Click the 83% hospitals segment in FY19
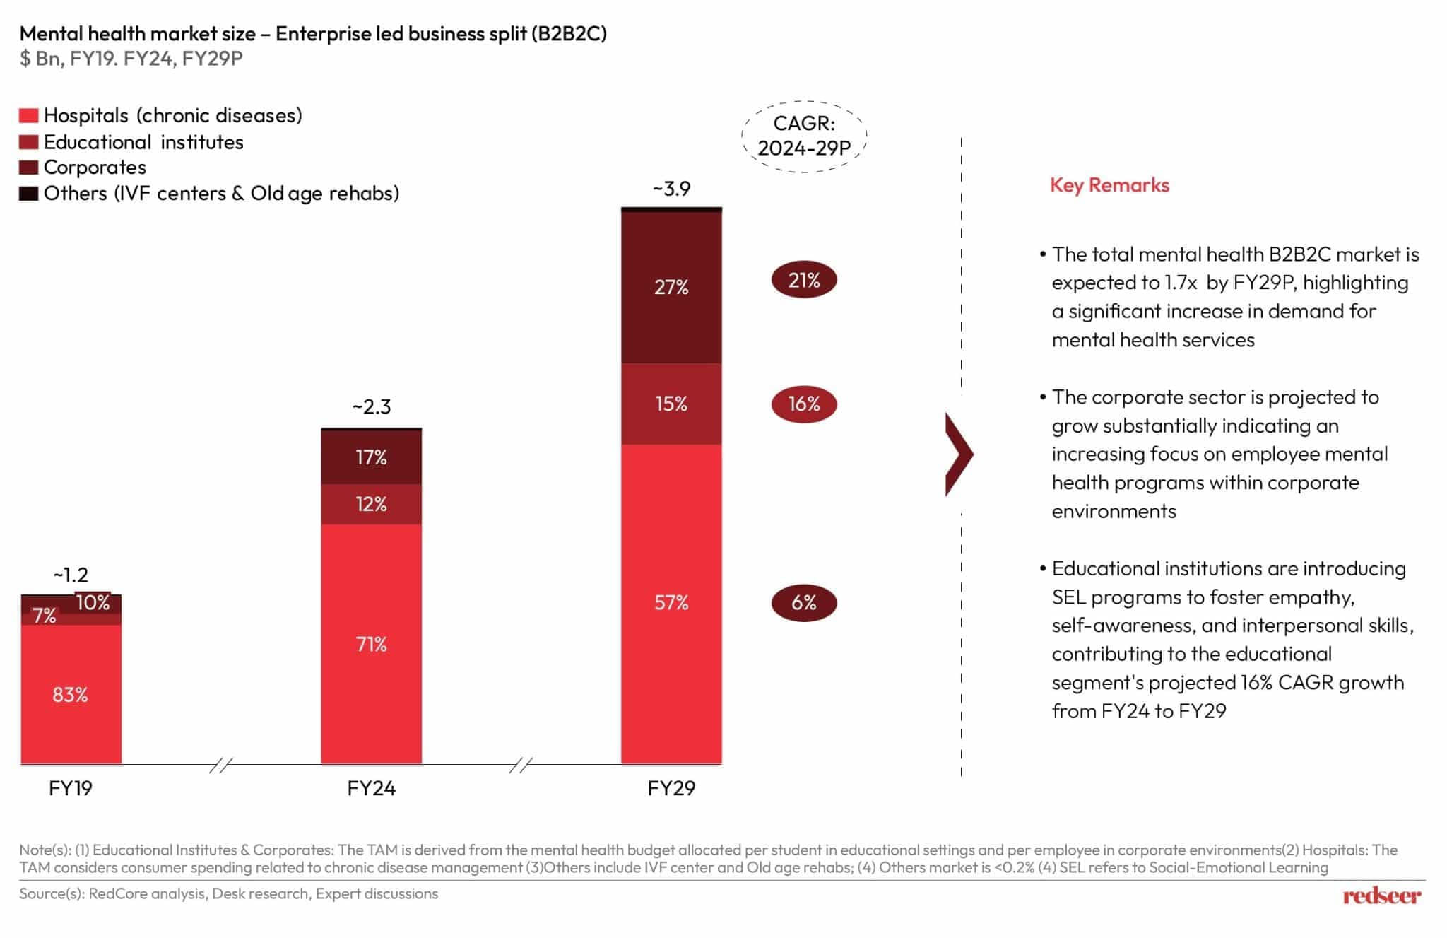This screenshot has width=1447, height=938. [x=71, y=694]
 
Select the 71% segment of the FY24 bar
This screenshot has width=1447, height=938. [x=371, y=644]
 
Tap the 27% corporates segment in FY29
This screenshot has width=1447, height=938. [x=671, y=287]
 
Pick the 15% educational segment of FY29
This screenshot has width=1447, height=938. [x=671, y=404]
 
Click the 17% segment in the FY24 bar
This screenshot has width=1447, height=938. [x=371, y=457]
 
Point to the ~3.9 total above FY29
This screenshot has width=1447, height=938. [x=671, y=189]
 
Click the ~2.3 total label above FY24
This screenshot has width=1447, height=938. [x=371, y=407]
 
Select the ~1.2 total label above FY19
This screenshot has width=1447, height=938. [x=71, y=575]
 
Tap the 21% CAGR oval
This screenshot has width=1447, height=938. [x=803, y=281]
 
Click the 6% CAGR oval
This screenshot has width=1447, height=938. [x=803, y=603]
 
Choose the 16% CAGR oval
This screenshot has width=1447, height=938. [x=803, y=404]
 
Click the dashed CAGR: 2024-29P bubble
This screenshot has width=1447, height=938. [x=803, y=136]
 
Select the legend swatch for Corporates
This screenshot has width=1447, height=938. [x=28, y=168]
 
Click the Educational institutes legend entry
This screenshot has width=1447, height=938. [x=143, y=142]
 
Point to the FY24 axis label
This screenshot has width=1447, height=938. [x=371, y=788]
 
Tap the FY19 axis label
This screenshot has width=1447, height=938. [x=71, y=788]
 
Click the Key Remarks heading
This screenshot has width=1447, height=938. [x=1109, y=185]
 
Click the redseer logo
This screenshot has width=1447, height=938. [x=1381, y=896]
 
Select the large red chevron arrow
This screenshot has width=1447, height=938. [x=959, y=455]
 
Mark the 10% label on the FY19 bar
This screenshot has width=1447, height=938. [x=93, y=602]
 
